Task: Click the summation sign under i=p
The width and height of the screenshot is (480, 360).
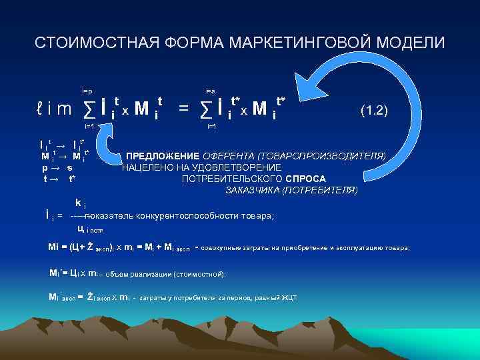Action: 87,107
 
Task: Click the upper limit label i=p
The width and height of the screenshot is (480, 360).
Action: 87,90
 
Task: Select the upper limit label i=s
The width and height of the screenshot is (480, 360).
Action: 210,90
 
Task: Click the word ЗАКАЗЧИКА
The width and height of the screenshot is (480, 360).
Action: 253,190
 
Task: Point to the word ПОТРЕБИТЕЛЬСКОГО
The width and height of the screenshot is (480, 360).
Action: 231,179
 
